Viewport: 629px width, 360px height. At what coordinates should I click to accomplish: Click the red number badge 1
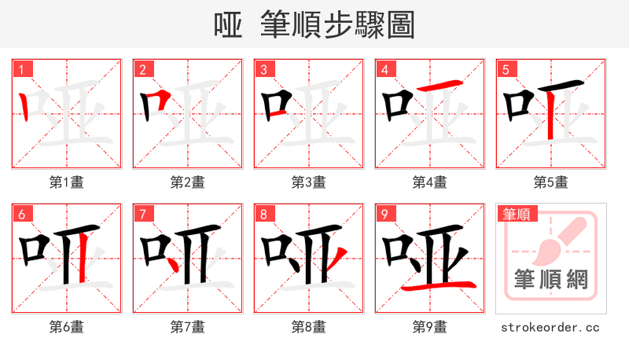coord(22,70)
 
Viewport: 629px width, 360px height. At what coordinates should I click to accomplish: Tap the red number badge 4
coord(385,70)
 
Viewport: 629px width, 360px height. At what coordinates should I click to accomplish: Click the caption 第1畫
coord(67,182)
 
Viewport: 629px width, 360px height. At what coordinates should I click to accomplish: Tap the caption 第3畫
coord(309,182)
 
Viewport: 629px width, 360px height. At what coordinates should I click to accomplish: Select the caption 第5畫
coord(550,182)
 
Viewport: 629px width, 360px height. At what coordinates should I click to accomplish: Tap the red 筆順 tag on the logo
coord(517,214)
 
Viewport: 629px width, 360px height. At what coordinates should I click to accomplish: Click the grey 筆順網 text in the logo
coord(550,279)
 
